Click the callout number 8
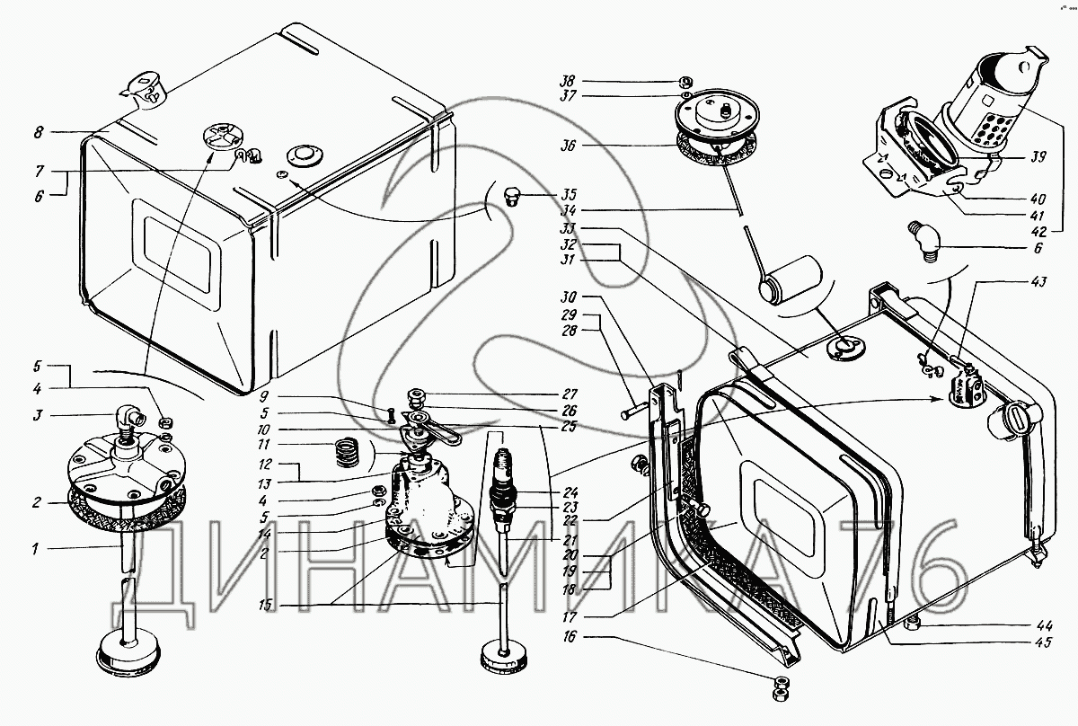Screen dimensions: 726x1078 (x=39, y=132)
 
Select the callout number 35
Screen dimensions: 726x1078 (x=569, y=193)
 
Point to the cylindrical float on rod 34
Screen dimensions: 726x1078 (x=790, y=279)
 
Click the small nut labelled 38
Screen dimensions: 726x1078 (x=684, y=78)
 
